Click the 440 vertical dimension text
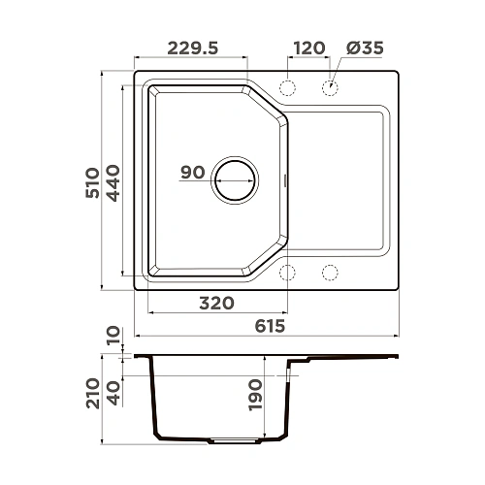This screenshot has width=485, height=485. (x=113, y=181)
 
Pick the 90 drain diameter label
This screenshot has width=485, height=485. (x=192, y=173)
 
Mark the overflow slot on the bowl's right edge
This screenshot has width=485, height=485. (x=284, y=179)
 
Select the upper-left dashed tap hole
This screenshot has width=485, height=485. (x=287, y=88)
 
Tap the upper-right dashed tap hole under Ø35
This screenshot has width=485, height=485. (x=330, y=88)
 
